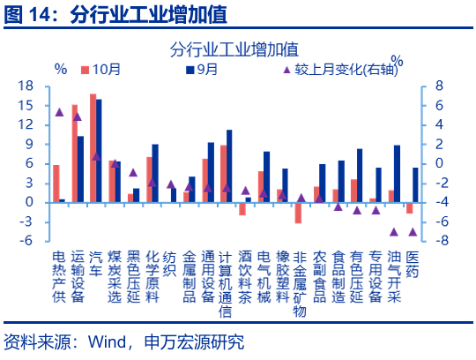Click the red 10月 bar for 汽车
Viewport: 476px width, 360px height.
(x=93, y=148)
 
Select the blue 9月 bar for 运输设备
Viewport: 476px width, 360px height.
(x=81, y=169)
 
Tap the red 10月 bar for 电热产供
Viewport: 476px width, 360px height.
(x=56, y=184)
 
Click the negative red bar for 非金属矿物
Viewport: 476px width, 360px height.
(x=298, y=213)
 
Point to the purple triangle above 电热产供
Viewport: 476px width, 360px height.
(x=59, y=112)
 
